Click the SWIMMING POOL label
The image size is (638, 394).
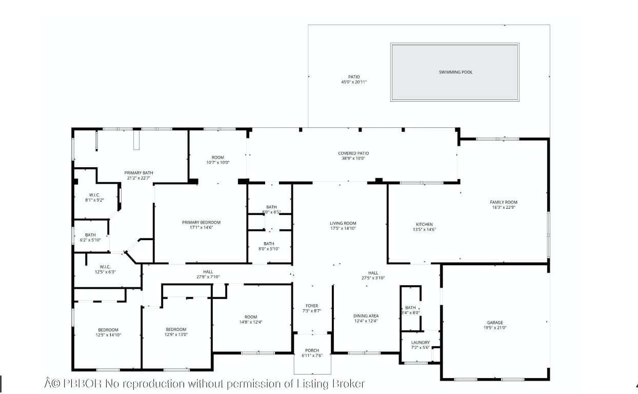click(455, 72)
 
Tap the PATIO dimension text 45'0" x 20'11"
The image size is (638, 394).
click(354, 82)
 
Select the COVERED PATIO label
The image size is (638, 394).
click(353, 153)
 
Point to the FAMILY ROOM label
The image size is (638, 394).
click(503, 202)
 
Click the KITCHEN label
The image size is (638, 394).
click(424, 224)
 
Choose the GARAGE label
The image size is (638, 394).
click(495, 323)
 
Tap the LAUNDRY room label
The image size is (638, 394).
click(420, 342)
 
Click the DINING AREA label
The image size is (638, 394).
click(366, 316)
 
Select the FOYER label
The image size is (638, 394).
click(312, 306)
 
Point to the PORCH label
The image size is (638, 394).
click(312, 351)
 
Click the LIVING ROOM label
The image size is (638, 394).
click(343, 223)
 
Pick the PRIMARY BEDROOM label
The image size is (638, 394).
click(201, 222)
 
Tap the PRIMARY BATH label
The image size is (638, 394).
click(139, 173)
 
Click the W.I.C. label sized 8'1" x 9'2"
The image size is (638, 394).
click(94, 195)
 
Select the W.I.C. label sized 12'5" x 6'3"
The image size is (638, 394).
click(105, 267)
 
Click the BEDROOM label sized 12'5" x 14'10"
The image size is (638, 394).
click(108, 330)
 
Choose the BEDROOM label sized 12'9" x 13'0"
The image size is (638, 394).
click(176, 329)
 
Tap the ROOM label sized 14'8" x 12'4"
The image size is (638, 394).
click(251, 317)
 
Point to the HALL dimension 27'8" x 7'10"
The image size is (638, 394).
click(208, 277)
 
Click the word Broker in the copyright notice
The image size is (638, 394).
click(348, 383)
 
